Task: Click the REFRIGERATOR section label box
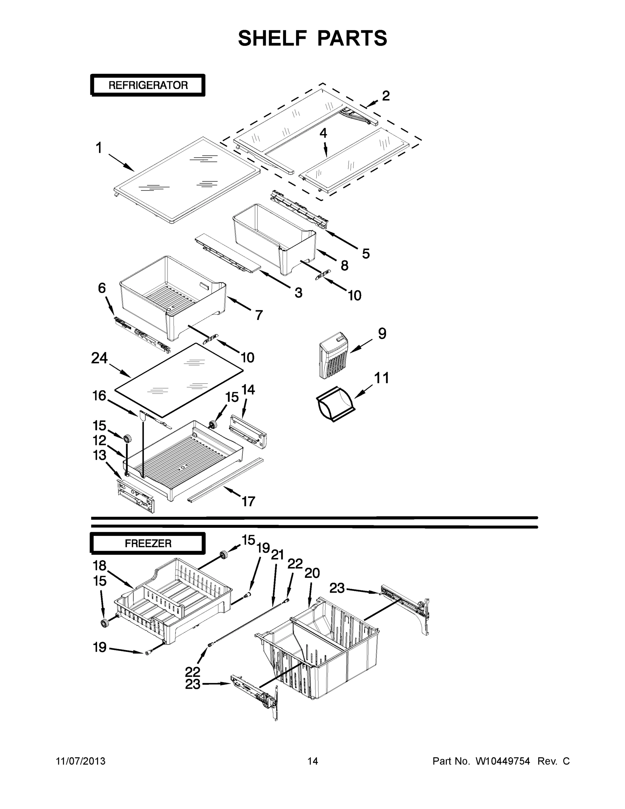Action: [148, 85]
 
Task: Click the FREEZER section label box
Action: [148, 543]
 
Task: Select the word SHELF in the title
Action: [273, 38]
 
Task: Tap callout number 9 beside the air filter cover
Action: [382, 333]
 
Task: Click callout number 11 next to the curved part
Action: [381, 378]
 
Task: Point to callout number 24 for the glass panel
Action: [99, 358]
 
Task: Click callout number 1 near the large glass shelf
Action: [98, 148]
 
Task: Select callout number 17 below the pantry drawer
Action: [248, 502]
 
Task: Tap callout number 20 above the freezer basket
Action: [312, 573]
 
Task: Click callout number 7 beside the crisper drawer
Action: [259, 315]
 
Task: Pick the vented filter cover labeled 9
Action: [334, 356]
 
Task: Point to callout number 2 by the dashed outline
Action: [386, 96]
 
